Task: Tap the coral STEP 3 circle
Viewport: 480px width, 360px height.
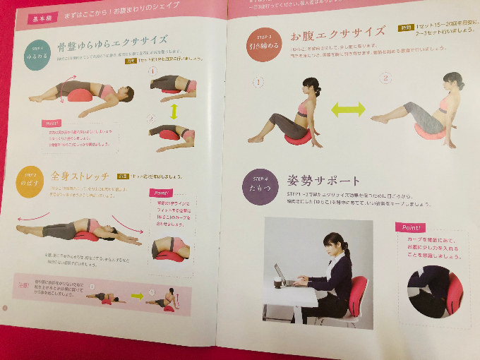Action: (x=263, y=43)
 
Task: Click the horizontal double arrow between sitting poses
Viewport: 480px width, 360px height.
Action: (x=348, y=109)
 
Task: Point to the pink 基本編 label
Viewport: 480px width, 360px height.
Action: (x=43, y=20)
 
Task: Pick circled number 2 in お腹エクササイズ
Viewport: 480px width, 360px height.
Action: (x=385, y=78)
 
